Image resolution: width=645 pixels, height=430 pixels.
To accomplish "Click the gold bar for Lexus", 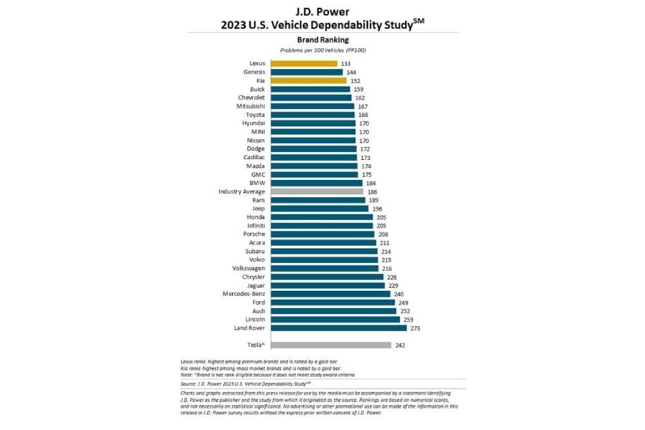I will point(304,63).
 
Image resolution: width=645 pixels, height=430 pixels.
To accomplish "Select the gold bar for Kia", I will point(308,81).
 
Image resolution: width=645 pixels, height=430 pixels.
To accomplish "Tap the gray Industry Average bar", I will point(317,191).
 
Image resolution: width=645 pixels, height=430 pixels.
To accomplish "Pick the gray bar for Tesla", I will point(330,345).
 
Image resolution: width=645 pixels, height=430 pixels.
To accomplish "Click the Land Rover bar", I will point(338,328).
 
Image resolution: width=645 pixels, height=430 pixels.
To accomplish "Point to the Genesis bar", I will point(306,72).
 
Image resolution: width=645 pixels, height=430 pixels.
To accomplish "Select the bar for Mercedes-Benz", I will point(330,294).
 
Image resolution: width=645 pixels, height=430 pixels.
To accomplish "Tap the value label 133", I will point(346,63).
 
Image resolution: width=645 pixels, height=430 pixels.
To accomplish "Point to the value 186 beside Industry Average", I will point(372,191).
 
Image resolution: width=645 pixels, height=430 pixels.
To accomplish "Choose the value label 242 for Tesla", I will point(400,345).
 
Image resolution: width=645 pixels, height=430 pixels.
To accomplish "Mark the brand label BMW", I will point(258,183).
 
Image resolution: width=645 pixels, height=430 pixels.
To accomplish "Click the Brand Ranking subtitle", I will point(322,39).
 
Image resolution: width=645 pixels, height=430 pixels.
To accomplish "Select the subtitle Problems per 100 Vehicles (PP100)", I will point(322,50).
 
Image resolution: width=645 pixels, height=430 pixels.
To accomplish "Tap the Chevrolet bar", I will point(311,98).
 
